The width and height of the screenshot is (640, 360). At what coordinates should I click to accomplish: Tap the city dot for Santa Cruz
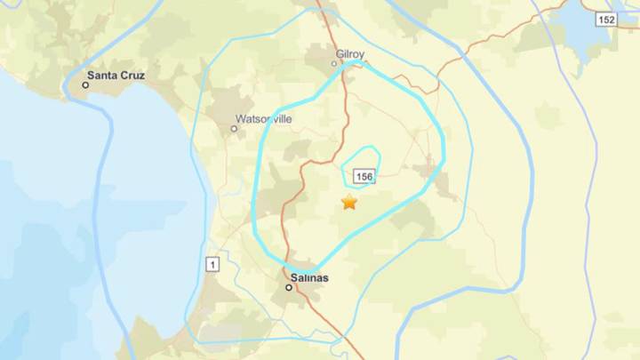(86, 85)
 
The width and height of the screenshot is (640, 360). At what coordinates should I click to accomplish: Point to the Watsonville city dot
(235, 129)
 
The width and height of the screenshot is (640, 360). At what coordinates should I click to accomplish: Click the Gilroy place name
(350, 53)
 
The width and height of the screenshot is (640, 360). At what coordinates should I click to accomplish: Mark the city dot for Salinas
(289, 287)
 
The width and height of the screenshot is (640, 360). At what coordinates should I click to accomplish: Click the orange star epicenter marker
(349, 204)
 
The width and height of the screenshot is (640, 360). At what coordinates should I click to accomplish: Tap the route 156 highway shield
(364, 177)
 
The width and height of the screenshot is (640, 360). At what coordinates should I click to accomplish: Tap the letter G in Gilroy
(340, 53)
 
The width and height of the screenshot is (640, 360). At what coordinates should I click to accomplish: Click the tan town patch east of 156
(436, 174)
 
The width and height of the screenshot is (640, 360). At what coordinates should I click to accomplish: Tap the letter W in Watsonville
(239, 118)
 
